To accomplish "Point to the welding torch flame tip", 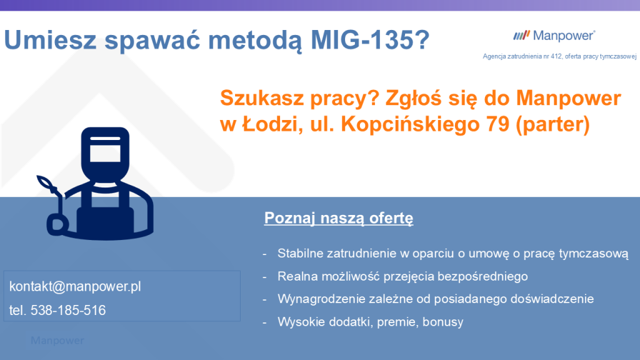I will click(44, 181).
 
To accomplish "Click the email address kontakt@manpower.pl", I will click(75, 286).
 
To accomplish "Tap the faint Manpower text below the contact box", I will click(57, 341).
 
